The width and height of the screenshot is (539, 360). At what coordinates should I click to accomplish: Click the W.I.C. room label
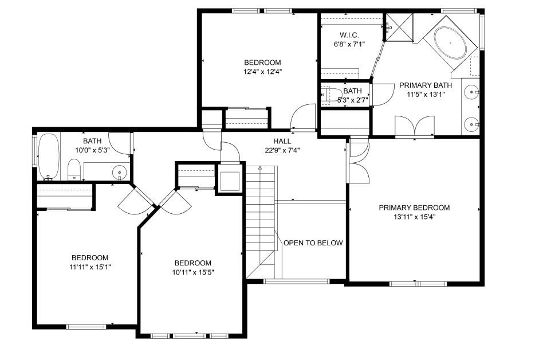click(349, 34)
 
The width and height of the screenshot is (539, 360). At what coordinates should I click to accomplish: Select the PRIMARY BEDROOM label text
click(414, 208)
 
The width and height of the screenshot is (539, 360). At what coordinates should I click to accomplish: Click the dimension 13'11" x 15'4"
click(414, 217)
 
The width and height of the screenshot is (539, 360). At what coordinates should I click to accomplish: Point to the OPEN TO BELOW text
click(313, 243)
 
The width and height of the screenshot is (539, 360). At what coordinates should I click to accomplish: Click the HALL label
click(282, 141)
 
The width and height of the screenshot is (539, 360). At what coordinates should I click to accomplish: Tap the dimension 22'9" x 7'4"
click(282, 151)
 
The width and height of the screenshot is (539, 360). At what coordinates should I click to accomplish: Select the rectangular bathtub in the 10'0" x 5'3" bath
click(49, 156)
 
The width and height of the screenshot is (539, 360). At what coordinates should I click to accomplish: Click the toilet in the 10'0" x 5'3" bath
click(74, 170)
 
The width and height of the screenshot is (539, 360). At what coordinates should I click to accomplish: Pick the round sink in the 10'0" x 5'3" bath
click(119, 171)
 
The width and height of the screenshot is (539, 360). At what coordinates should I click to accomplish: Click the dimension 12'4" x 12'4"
click(262, 72)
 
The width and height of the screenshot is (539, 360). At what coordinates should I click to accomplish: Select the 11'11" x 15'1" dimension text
click(90, 267)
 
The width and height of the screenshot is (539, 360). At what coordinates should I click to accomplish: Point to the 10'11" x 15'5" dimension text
click(193, 272)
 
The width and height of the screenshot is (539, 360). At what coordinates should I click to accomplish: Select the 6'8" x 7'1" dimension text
click(349, 44)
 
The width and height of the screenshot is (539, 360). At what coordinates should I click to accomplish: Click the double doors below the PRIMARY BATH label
click(415, 127)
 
